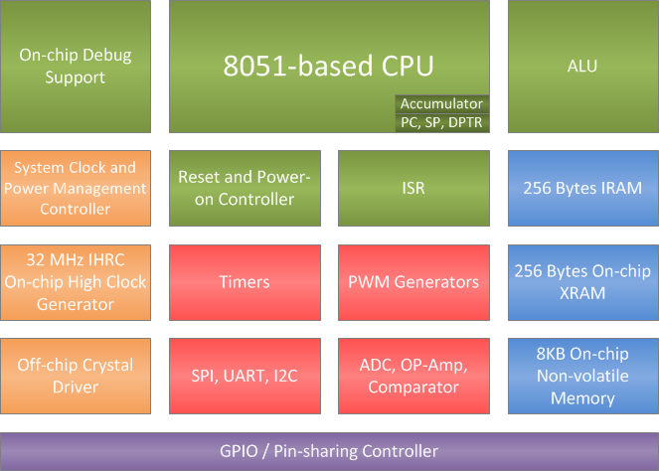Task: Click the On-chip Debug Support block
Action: [x=76, y=66]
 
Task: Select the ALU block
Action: [x=581, y=66]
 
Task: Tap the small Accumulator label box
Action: [x=441, y=103]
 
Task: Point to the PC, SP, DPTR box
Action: [x=441, y=122]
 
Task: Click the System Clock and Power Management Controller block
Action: [x=76, y=188]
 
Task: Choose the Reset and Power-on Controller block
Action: [x=245, y=188]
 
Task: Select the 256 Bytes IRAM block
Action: [x=581, y=188]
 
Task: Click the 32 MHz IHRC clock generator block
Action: [x=76, y=282]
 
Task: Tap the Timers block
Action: [x=245, y=282]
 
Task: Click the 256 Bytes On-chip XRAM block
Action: [x=581, y=282]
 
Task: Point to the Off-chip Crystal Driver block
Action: [x=76, y=376]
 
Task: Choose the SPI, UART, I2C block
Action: [x=245, y=377]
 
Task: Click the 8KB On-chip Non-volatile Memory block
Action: [x=581, y=376]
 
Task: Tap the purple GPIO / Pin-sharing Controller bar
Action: [x=329, y=451]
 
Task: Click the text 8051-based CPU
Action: [x=329, y=67]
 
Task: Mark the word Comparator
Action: [x=412, y=388]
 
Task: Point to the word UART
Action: [x=245, y=377]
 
